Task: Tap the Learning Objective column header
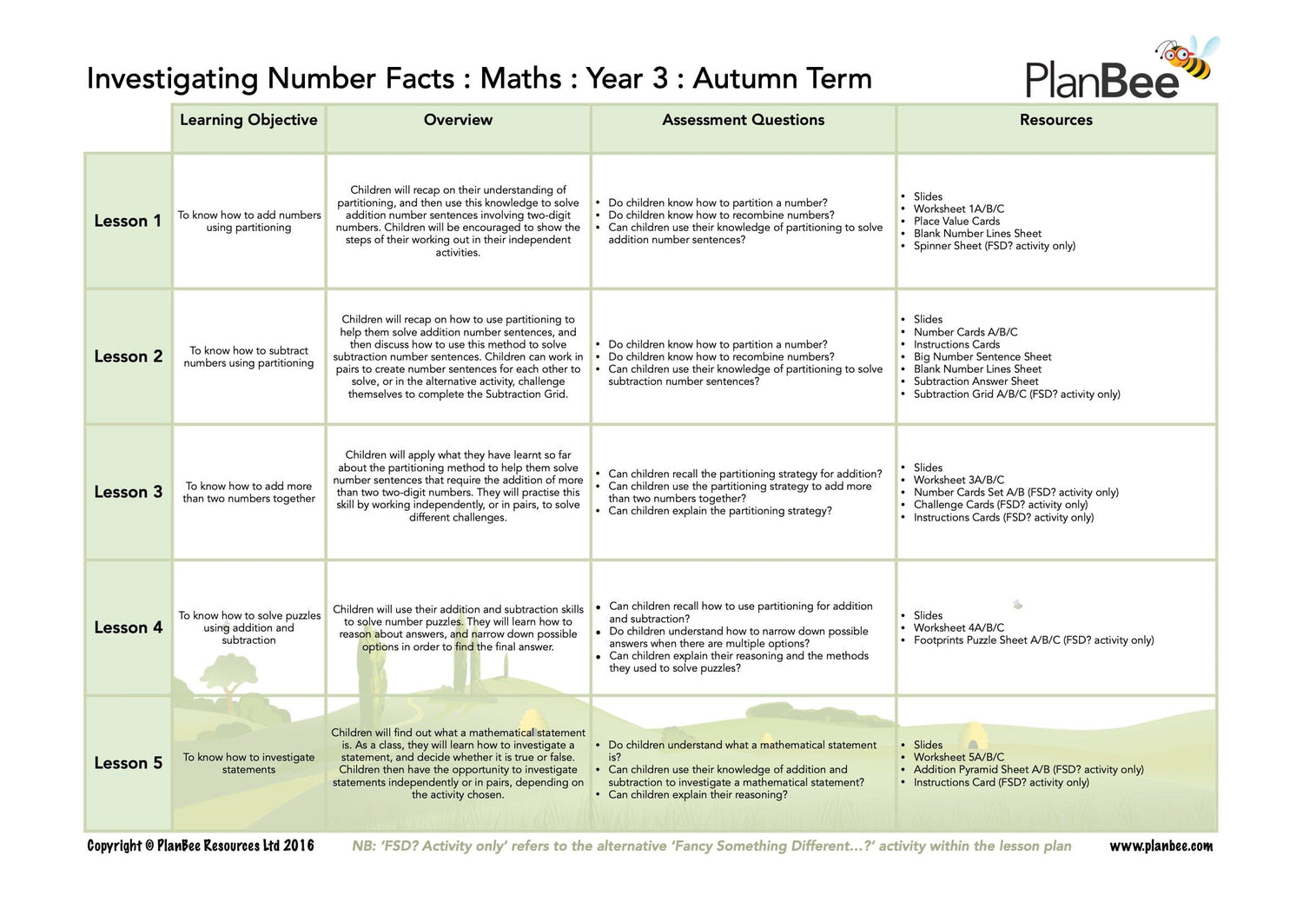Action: (x=248, y=120)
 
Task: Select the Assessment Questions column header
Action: (x=743, y=120)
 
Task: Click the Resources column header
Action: (x=1055, y=120)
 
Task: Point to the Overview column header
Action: (x=458, y=120)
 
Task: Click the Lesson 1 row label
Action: (x=128, y=221)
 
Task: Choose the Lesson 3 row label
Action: (x=128, y=492)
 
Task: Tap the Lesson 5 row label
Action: (x=128, y=763)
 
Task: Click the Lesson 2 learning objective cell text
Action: (x=248, y=357)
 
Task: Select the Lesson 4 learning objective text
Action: (x=249, y=627)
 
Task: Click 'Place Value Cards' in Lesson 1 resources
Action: (x=956, y=222)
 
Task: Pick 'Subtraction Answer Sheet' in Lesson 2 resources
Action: (x=976, y=381)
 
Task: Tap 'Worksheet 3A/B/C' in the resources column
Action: (x=958, y=480)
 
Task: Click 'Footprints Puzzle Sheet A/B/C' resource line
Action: (x=1033, y=640)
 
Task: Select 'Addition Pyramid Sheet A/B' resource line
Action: (x=1028, y=770)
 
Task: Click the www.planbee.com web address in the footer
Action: (x=1161, y=846)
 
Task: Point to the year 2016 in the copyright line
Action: (x=299, y=846)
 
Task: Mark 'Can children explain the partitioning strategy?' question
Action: (x=719, y=511)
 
